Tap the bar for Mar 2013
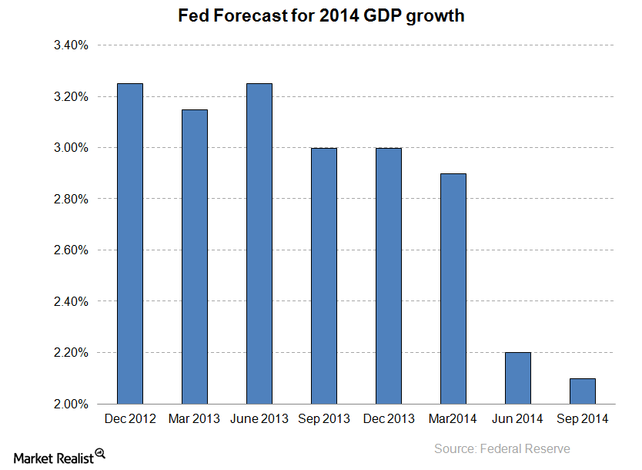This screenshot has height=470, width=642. point(193,257)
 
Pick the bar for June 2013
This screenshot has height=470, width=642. point(258,243)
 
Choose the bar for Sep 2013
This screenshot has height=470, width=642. point(323,276)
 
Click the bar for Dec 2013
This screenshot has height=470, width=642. point(387,276)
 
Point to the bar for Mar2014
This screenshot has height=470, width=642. point(452,288)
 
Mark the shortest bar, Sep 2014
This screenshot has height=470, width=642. point(581,391)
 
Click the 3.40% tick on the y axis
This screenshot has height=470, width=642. point(71,45)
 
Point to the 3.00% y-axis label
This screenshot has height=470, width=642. point(71,148)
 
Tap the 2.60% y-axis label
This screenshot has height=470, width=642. point(71,250)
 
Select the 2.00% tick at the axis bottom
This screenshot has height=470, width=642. point(71,404)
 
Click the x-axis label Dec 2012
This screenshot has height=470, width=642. point(129,419)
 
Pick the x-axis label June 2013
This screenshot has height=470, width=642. point(259,419)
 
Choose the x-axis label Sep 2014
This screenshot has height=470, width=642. point(582,419)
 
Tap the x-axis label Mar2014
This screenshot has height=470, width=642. point(452,419)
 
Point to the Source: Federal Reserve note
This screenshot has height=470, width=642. point(502,448)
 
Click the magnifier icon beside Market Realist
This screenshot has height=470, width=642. point(100,453)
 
